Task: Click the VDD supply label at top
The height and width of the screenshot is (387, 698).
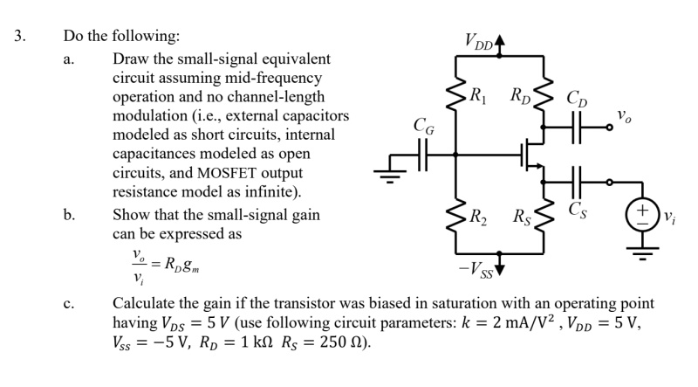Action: pos(478,40)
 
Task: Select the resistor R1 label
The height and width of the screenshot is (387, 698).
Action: pos(478,93)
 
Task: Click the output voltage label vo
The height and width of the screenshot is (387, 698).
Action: pos(624,114)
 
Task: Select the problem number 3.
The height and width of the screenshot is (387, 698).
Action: pos(18,38)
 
